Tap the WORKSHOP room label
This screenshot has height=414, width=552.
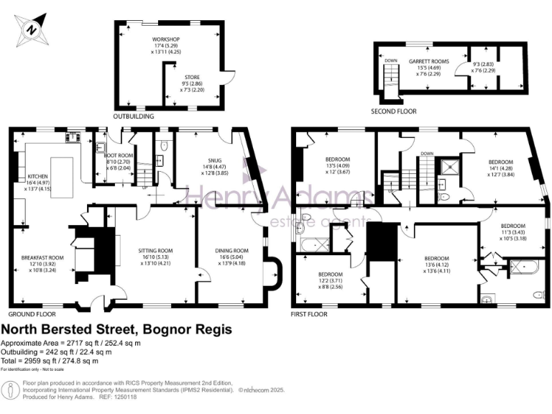tap(160, 39)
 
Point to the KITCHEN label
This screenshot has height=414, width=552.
tap(37, 176)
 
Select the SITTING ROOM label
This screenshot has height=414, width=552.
tap(155, 251)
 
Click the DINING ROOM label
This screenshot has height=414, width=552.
tap(231, 251)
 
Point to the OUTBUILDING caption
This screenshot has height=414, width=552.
tap(134, 115)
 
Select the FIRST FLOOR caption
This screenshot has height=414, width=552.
tap(310, 314)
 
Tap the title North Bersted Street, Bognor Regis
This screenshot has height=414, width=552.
tap(116, 330)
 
